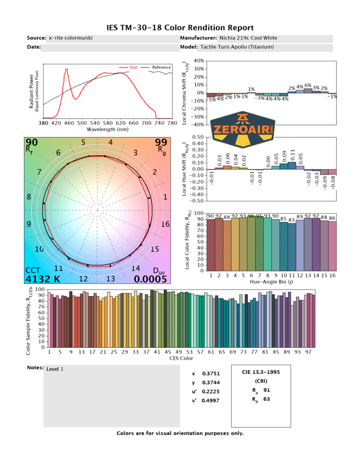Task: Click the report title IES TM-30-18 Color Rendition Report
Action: click(x=180, y=28)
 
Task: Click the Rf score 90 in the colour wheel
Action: click(x=32, y=143)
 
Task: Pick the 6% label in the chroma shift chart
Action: click(x=308, y=85)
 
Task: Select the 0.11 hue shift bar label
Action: click(x=292, y=154)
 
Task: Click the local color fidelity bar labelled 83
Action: click(x=292, y=245)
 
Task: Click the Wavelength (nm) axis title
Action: click(x=108, y=129)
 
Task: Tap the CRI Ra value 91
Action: click(x=267, y=390)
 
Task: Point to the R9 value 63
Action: click(x=267, y=399)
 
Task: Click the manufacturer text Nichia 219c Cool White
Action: click(x=248, y=38)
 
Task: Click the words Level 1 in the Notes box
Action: click(x=55, y=369)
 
